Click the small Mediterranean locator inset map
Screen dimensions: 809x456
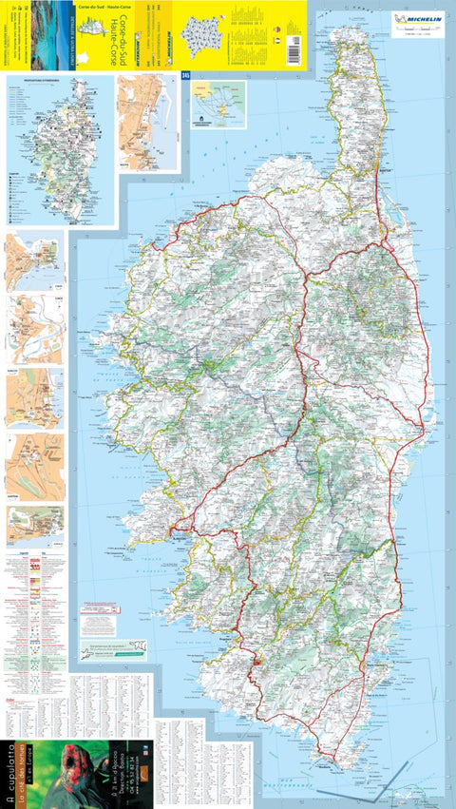[218, 104]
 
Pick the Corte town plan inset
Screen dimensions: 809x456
[35, 328]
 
